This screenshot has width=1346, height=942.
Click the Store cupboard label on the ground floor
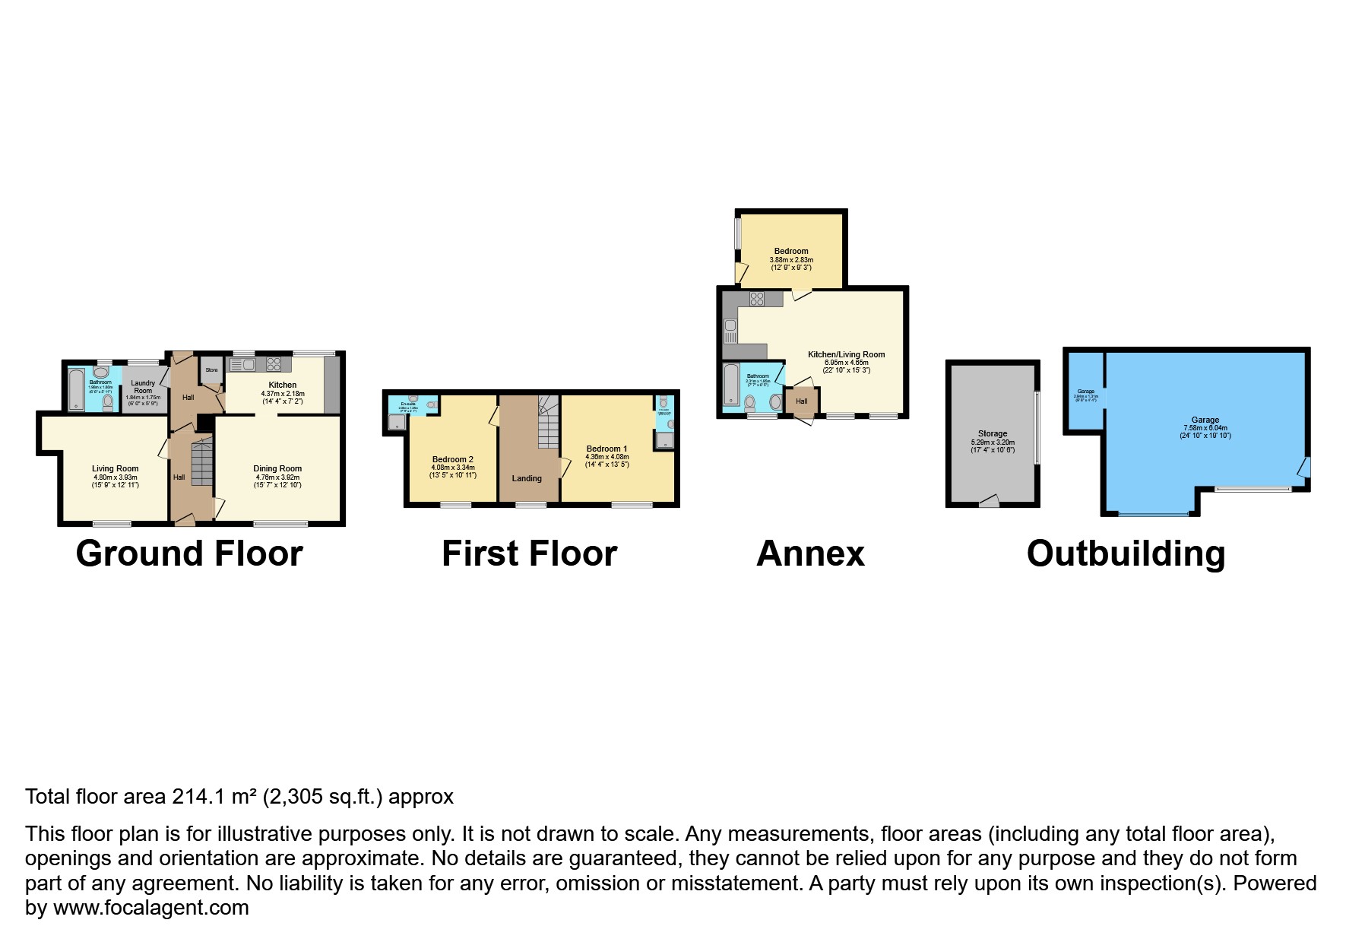[x=211, y=370]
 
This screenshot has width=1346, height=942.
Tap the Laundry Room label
[x=143, y=387]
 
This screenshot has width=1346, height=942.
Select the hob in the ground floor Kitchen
[x=274, y=364]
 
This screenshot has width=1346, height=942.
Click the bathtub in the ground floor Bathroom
[x=76, y=389]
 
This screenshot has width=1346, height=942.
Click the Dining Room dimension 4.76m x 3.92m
[x=277, y=477]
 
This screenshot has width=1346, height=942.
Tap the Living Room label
[x=116, y=469]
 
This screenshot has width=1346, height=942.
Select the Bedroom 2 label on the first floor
[x=453, y=459]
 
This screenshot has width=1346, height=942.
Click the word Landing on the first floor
[x=527, y=478]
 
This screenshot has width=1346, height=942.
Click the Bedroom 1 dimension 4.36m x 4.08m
[x=606, y=456]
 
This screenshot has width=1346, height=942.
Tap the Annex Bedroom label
[x=791, y=251]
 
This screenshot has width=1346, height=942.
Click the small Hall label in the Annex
[x=801, y=401]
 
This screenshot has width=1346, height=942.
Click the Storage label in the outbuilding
[x=993, y=433]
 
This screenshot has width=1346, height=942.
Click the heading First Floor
[x=529, y=553]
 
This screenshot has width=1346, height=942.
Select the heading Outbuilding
[x=1126, y=553]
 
